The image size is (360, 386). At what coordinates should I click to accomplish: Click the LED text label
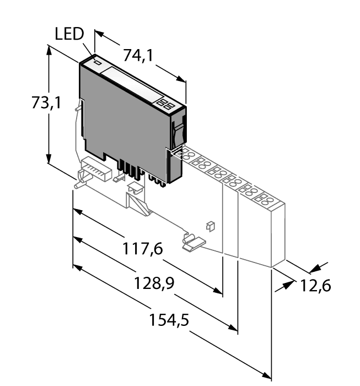(x=69, y=34)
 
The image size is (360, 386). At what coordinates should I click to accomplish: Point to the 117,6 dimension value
(x=142, y=250)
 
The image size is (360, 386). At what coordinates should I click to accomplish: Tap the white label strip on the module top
(x=133, y=84)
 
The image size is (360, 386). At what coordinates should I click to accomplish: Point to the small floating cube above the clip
(x=209, y=225)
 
